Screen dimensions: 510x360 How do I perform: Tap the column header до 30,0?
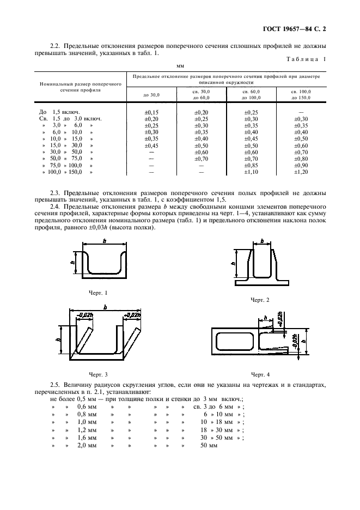tap(152, 95)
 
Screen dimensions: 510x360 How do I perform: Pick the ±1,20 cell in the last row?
tap(301, 172)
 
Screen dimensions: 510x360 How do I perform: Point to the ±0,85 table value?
tap(251, 165)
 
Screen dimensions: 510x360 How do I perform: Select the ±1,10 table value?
tap(251, 172)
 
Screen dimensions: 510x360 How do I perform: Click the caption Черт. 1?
tap(98, 293)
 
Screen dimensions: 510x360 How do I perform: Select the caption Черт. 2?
tap(260, 300)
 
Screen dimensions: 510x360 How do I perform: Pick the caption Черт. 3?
tap(98, 374)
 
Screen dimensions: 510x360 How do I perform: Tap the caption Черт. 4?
tap(260, 374)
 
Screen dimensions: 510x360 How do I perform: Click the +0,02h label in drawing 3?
tap(132, 315)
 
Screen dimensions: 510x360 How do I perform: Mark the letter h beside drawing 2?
tap(233, 263)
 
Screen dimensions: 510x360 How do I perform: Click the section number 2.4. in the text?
tap(56, 207)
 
